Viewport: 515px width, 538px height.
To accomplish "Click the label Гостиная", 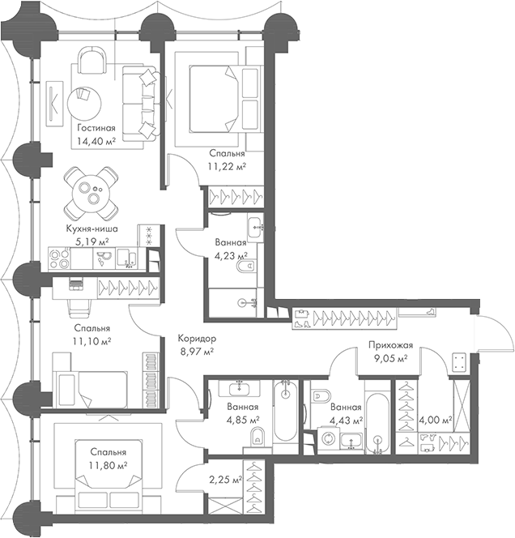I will pyautogui.click(x=96, y=128).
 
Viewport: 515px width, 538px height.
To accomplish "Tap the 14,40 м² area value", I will pyautogui.click(x=96, y=141).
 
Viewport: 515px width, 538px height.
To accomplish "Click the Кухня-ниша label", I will pyautogui.click(x=92, y=229).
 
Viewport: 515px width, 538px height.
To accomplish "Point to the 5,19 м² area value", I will pyautogui.click(x=92, y=241).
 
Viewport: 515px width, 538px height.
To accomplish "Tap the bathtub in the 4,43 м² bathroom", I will pyautogui.click(x=378, y=421).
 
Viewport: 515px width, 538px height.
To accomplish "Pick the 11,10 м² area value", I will pyautogui.click(x=92, y=341).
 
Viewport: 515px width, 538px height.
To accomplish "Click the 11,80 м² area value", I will pyautogui.click(x=109, y=465).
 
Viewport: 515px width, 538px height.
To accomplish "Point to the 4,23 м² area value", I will pyautogui.click(x=230, y=254).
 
